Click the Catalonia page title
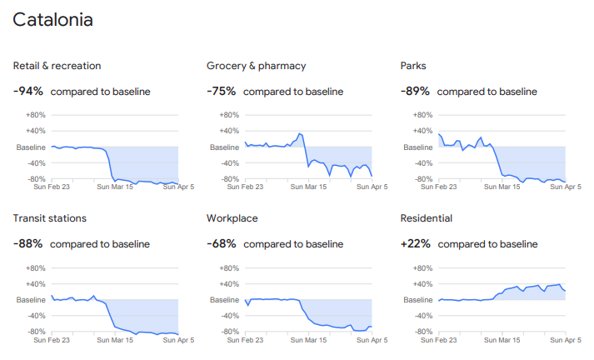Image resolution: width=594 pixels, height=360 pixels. coord(53,20)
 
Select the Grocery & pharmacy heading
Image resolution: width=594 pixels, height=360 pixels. coord(256,66)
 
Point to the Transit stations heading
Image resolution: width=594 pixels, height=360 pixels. coord(62,218)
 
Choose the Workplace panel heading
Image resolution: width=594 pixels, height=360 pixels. coord(232,218)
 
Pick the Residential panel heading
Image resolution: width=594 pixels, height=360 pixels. coord(427,218)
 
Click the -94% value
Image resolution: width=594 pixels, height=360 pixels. coord(27,91)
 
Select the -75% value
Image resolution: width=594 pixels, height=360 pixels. coord(221,91)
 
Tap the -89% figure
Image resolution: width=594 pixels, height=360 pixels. coord(415,91)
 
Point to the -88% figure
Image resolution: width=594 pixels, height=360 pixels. coord(27,244)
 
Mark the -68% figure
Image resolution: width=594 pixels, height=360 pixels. coord(221,244)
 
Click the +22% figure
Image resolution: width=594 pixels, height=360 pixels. coord(416,244)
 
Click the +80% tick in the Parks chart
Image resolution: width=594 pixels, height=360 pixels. coord(422,115)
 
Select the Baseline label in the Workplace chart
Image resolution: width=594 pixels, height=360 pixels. coord(224,300)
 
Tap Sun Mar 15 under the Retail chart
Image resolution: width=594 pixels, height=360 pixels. coord(116,187)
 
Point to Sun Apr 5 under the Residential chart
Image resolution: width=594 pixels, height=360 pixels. coord(566,340)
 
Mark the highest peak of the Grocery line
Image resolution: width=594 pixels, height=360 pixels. coord(299,133)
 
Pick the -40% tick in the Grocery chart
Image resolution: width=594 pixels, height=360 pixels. coord(228,163)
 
